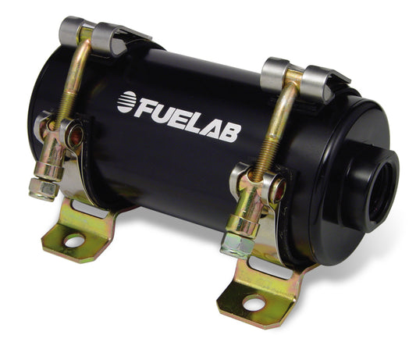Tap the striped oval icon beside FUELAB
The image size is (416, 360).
click(x=126, y=101)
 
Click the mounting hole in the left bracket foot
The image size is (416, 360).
click(x=74, y=242)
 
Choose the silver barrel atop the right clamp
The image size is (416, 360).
click(x=275, y=73)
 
